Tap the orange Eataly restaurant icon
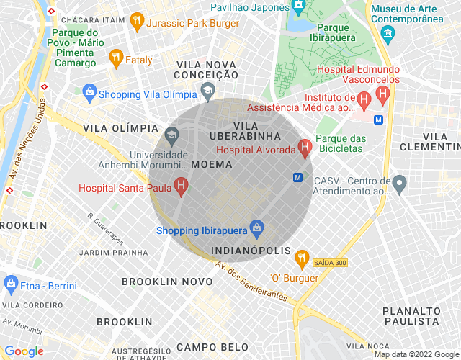[115, 59]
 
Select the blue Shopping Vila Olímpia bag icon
[89, 93]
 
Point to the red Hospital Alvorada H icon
[305, 149]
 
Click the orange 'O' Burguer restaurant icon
[302, 257]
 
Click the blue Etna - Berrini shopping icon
[11, 285]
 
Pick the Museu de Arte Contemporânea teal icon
[388, 32]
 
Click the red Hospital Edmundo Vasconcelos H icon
[382, 94]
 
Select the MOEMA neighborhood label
[212, 164]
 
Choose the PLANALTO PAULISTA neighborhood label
[411, 315]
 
